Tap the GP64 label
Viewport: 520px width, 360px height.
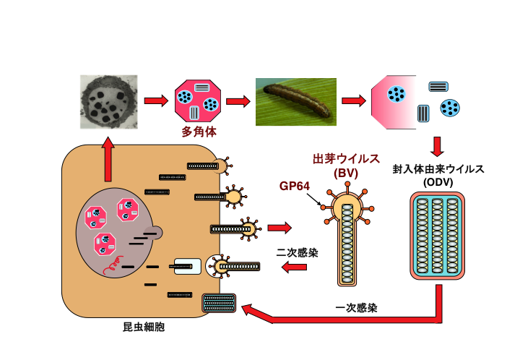point(294,186)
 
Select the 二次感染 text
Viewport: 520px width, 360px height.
point(297,253)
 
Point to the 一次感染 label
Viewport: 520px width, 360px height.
point(356,307)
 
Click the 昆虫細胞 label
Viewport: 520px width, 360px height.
point(144,327)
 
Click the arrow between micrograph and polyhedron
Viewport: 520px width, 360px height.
point(155,100)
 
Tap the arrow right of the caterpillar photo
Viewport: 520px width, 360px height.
point(353,100)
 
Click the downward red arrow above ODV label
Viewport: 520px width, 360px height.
point(437,146)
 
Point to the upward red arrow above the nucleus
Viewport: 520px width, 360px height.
point(108,159)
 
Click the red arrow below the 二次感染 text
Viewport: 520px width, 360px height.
point(293,268)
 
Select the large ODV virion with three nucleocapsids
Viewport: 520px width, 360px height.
point(438,235)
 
